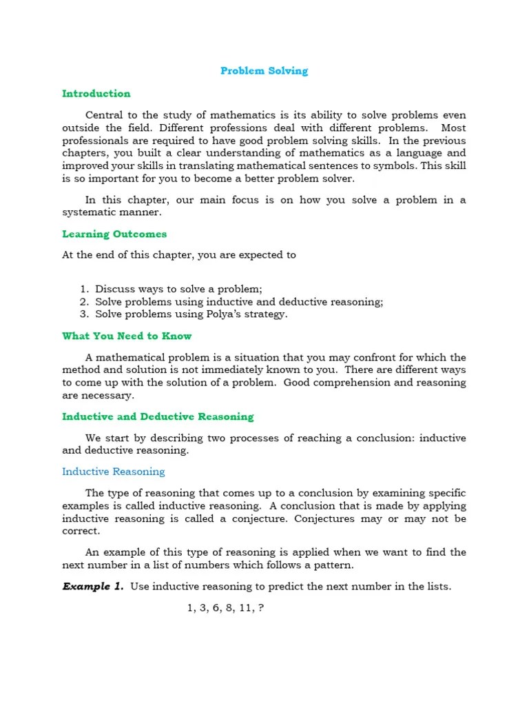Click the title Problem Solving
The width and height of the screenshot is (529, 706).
point(264,71)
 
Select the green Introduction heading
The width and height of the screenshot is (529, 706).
point(96,94)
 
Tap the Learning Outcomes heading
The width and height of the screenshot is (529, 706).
point(114,234)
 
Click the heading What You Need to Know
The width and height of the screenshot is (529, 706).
point(127,336)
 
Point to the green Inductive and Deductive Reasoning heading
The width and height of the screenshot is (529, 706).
point(158,416)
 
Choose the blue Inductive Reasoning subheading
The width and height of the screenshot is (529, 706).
point(114,472)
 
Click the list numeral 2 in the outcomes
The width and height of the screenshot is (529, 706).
point(83,302)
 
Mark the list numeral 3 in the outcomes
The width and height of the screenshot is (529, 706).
point(83,314)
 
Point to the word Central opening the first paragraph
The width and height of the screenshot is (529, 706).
point(105,115)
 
